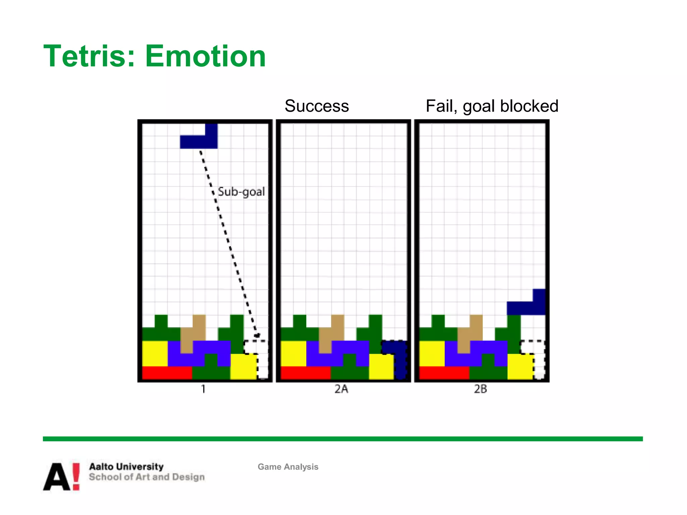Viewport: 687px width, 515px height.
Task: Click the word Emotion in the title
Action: coord(205,56)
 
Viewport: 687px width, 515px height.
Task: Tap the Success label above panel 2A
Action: coord(317,106)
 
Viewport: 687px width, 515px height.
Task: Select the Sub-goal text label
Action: coord(241,192)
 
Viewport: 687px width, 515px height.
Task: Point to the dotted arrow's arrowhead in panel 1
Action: coord(257,335)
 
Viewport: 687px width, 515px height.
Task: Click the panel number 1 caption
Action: coord(203,389)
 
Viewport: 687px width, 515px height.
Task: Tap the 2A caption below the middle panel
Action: coord(341,389)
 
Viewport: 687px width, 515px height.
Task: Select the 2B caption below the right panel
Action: coord(480,389)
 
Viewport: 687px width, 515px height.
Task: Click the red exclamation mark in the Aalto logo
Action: coord(76,476)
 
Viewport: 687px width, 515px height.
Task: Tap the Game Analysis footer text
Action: coord(288,467)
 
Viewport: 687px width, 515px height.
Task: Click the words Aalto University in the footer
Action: coord(126,466)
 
